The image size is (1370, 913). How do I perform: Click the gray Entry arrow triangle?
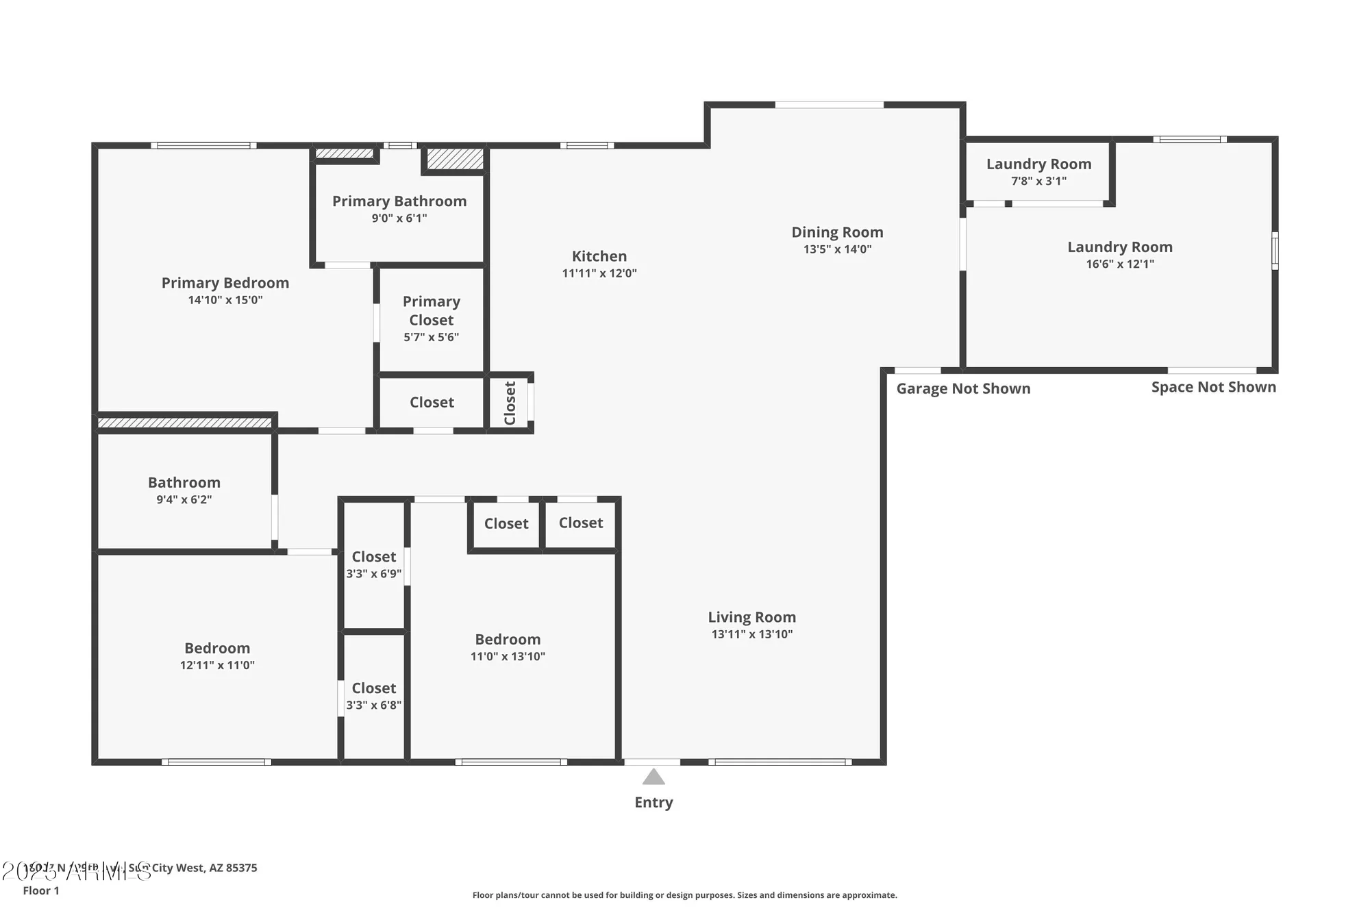(x=653, y=777)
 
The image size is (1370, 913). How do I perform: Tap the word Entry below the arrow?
(x=653, y=802)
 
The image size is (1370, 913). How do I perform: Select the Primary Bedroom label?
(x=225, y=283)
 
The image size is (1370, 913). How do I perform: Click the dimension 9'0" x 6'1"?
(x=399, y=218)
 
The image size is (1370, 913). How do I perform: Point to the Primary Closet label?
(x=431, y=310)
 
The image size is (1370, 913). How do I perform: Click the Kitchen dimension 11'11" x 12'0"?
(x=599, y=273)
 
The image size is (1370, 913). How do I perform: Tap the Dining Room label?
(x=837, y=232)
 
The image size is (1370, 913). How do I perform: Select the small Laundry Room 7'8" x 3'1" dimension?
(x=1038, y=182)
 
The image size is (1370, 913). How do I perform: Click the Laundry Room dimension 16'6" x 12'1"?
(x=1119, y=264)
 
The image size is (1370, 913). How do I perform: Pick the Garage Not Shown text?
(x=963, y=388)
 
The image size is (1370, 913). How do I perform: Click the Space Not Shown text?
(x=1213, y=387)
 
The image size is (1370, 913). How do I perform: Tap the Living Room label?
(x=751, y=617)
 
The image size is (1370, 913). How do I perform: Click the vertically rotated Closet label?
(x=510, y=403)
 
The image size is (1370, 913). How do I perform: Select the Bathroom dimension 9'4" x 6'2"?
(x=184, y=500)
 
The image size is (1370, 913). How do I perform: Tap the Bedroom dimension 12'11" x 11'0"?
(x=217, y=665)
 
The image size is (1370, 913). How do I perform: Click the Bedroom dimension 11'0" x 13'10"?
(x=508, y=656)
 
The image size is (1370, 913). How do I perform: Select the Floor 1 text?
(x=41, y=890)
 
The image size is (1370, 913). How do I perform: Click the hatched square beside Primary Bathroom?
(x=455, y=159)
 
